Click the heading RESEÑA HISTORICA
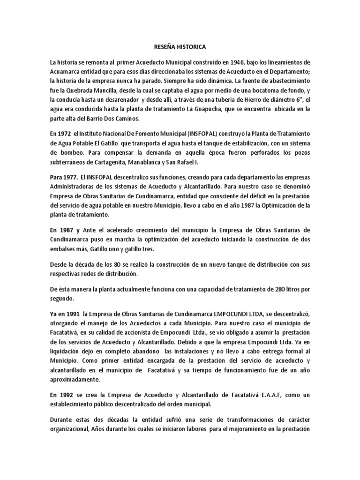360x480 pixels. [x=180, y=47]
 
